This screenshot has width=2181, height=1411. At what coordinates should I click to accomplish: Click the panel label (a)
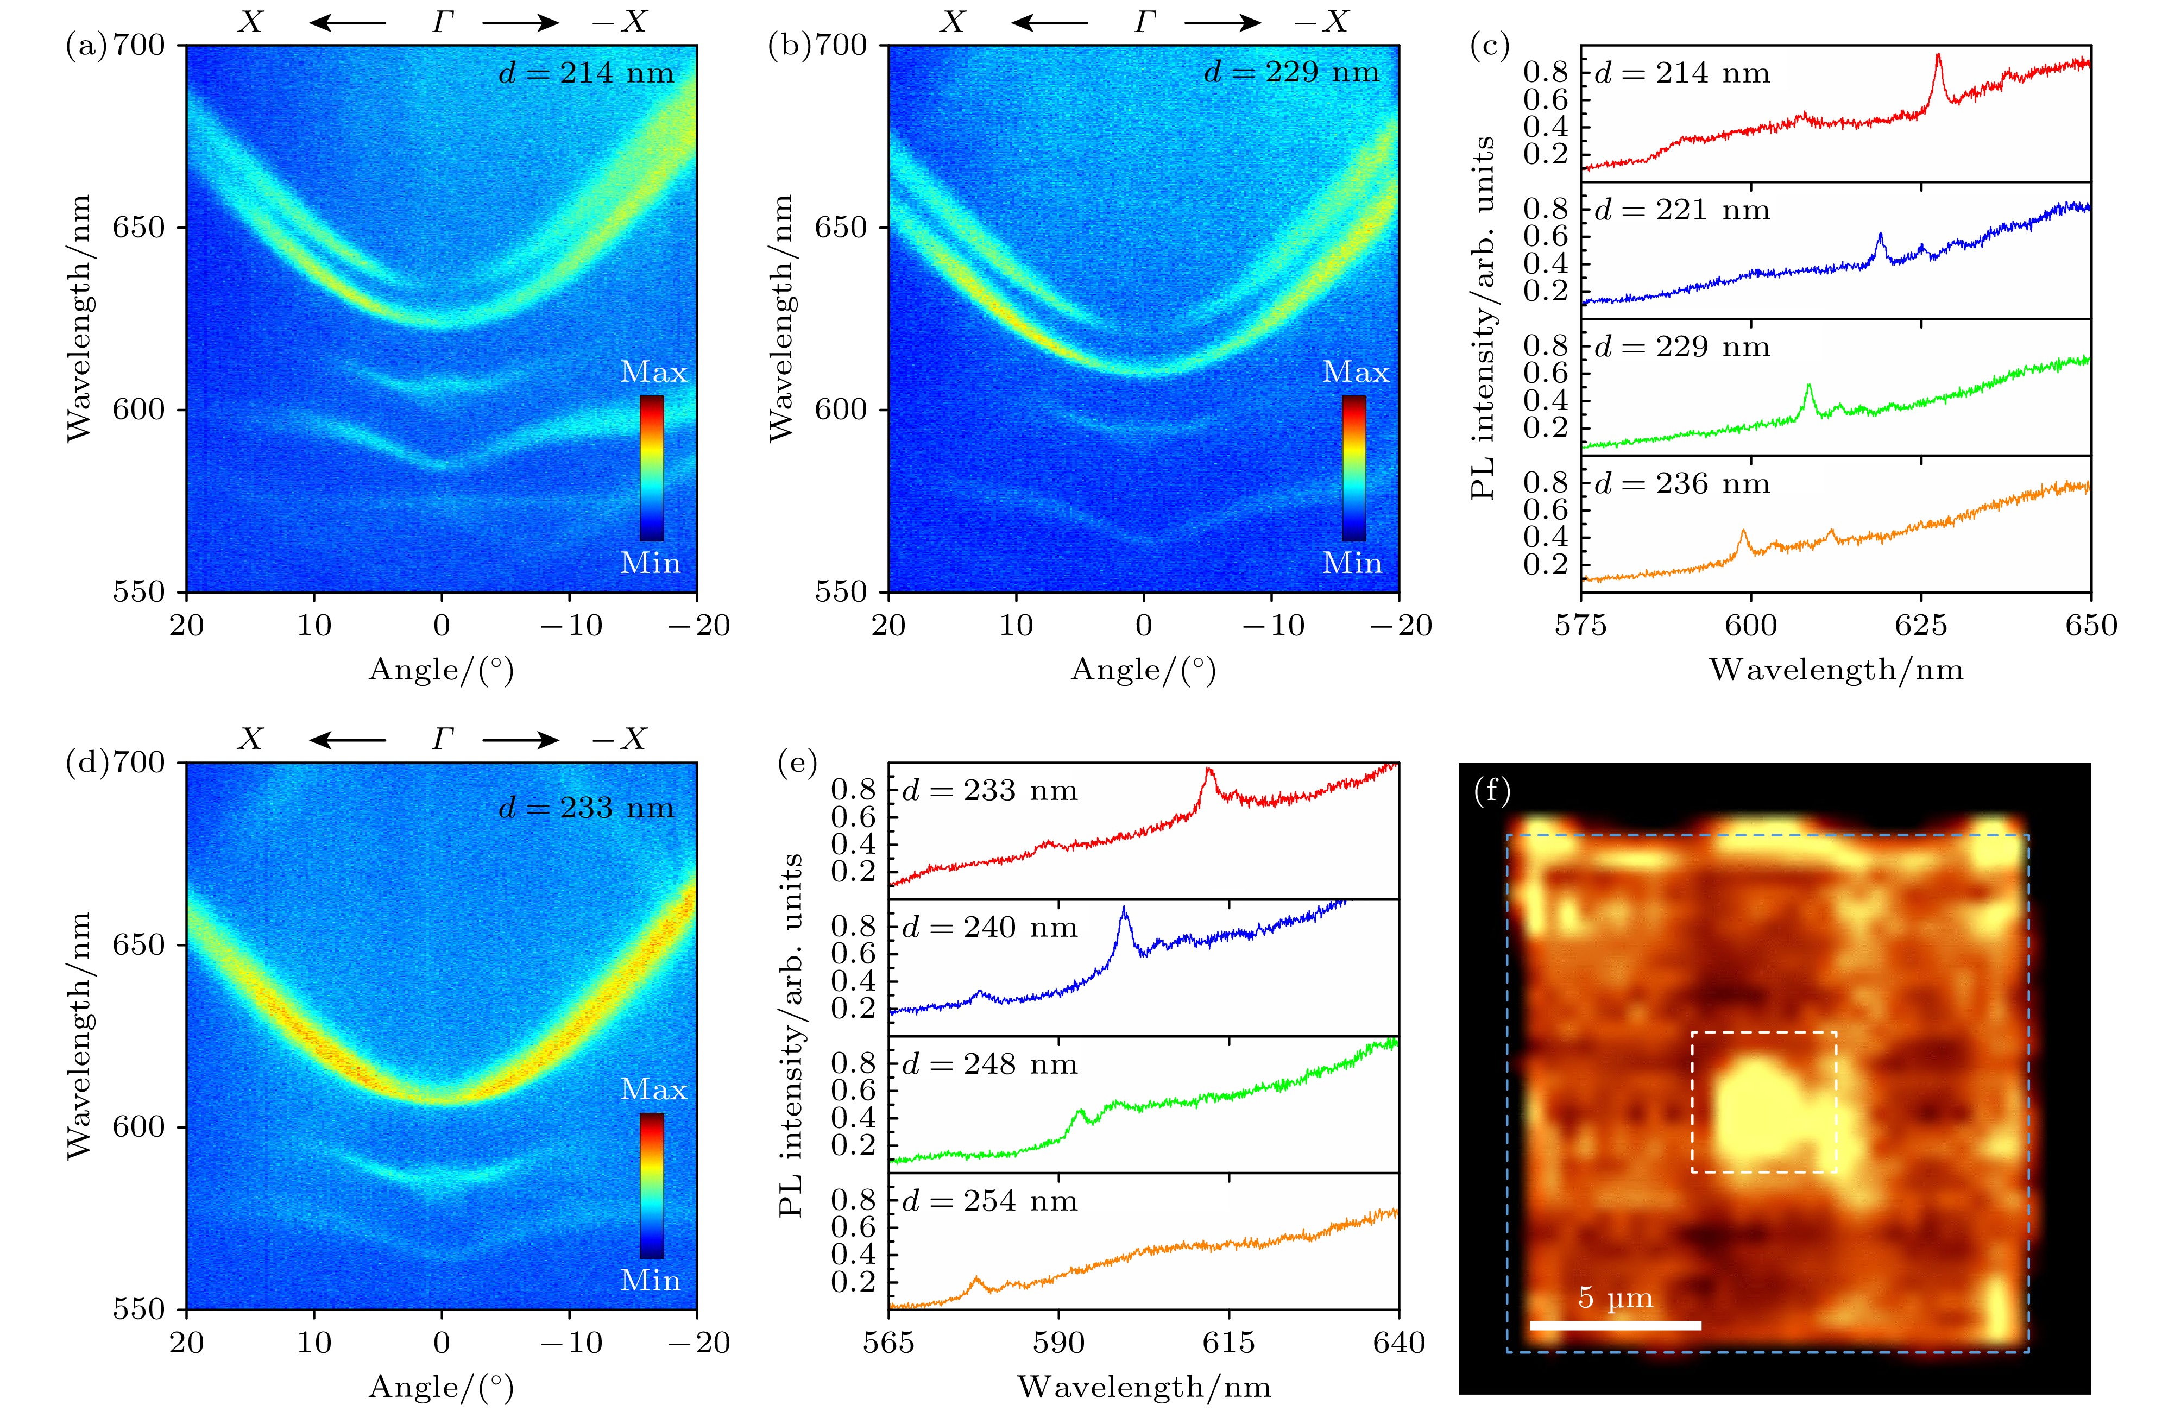click(x=86, y=46)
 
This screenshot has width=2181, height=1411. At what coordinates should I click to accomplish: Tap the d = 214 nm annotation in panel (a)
click(x=585, y=73)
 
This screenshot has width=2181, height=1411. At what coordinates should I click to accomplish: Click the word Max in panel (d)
click(x=653, y=1089)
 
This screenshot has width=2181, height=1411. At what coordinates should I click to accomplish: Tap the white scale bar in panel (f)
click(x=1615, y=1325)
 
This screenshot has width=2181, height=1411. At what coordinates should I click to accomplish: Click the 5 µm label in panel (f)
click(x=1615, y=1297)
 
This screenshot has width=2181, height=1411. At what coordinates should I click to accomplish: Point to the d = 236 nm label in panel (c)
click(x=1682, y=484)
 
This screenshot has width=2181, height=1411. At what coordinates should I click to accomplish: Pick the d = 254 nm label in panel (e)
click(x=989, y=1201)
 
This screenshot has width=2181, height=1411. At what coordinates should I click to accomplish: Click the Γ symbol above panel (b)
click(x=1144, y=22)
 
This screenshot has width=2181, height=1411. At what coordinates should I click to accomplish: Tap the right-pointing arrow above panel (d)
click(x=519, y=739)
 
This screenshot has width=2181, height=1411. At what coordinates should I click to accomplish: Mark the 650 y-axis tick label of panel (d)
click(x=138, y=944)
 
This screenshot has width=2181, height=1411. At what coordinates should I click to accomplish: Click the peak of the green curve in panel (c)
click(x=1808, y=386)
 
